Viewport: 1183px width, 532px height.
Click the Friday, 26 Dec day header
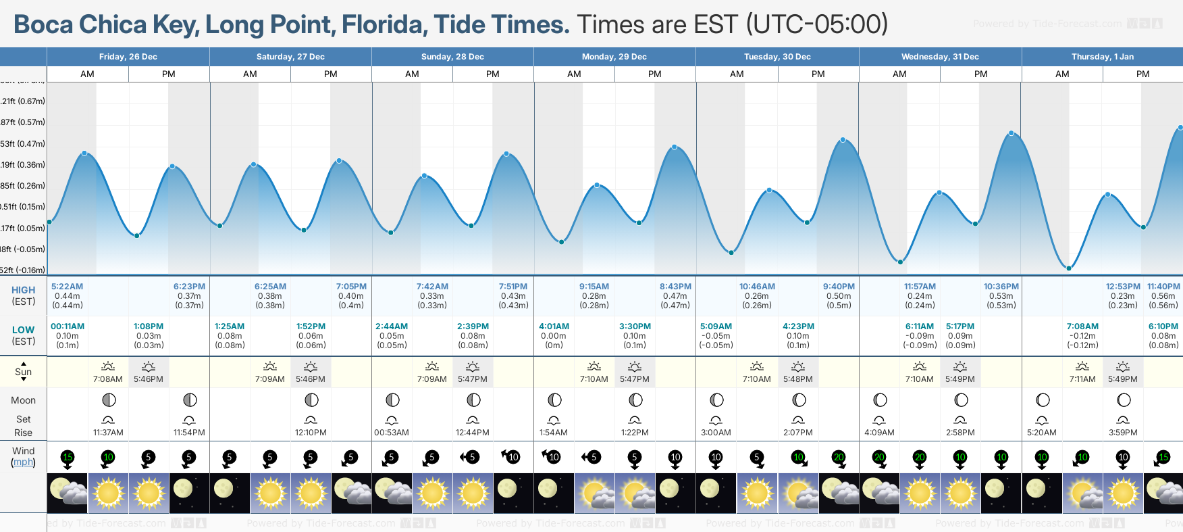point(128,57)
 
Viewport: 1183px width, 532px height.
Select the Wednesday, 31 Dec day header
point(940,57)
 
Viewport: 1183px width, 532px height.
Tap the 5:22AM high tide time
point(67,287)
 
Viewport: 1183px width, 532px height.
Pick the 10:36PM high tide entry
point(1001,287)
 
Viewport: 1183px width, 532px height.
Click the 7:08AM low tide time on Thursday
point(1082,327)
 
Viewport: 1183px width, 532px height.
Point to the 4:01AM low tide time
point(554,327)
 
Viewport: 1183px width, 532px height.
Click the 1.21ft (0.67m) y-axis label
point(23,101)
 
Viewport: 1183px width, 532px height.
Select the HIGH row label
point(23,290)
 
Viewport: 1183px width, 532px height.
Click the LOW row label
point(23,330)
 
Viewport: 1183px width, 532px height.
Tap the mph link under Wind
point(23,462)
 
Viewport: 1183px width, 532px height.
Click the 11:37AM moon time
point(108,433)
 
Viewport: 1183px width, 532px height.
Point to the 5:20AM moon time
point(1042,433)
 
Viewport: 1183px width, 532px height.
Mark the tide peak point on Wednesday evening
point(1011,133)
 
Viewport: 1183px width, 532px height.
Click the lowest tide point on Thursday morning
point(1069,268)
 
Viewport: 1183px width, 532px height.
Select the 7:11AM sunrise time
point(1082,379)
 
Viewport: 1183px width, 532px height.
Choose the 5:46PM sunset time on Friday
point(149,379)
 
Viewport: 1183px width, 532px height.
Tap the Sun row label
point(23,372)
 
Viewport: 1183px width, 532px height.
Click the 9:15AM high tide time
point(594,287)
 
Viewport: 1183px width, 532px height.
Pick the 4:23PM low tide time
point(798,327)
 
